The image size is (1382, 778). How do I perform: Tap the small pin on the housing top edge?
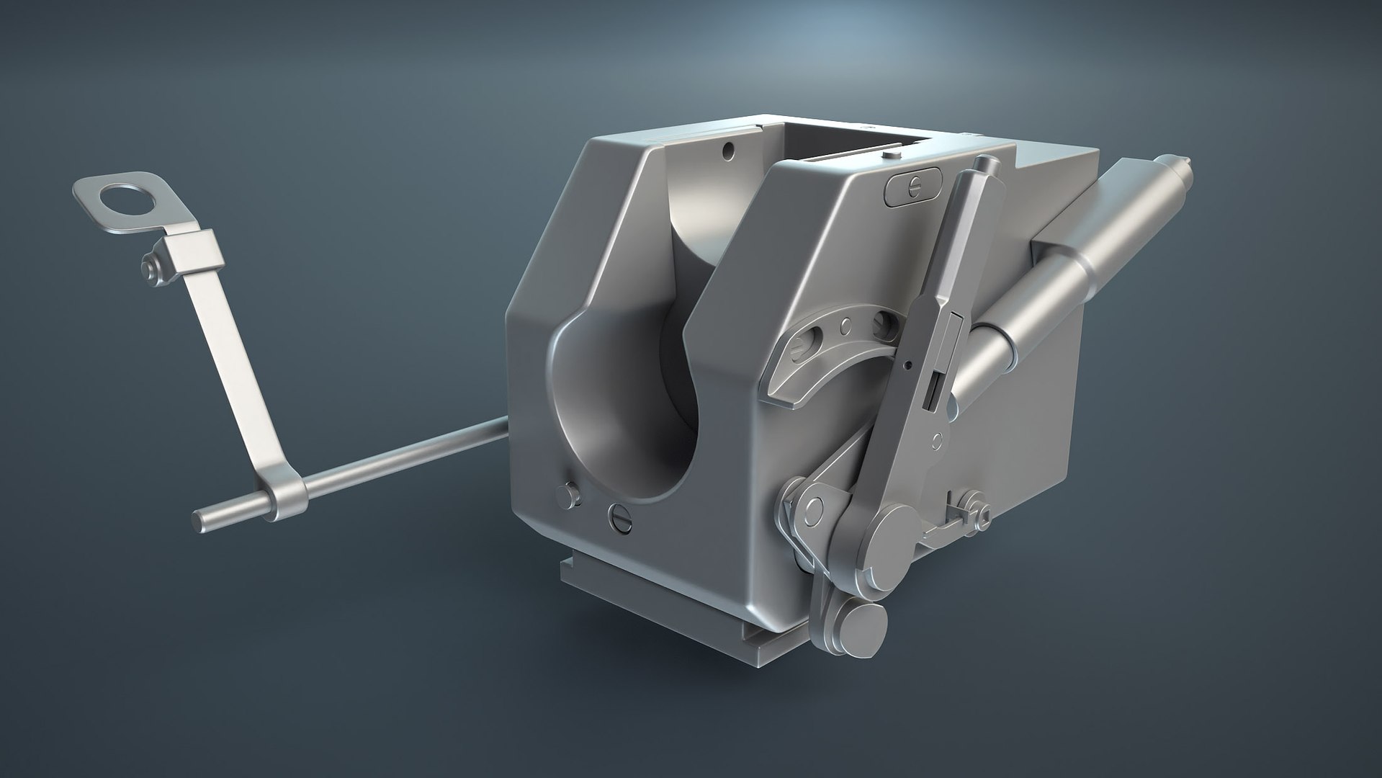click(x=891, y=153)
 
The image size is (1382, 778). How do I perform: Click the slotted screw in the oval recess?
click(x=912, y=184)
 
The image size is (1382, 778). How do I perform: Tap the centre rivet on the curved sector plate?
click(x=846, y=326)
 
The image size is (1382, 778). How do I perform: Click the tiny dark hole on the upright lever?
click(x=907, y=365)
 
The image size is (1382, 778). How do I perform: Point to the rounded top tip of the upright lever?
click(x=983, y=164)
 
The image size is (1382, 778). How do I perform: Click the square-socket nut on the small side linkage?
click(x=982, y=516)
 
